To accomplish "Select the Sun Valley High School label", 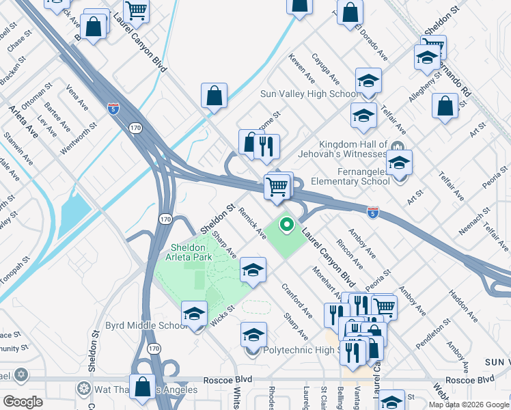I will click(309, 94).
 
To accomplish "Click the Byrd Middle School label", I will click(146, 326).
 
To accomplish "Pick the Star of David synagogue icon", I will click(22, 376).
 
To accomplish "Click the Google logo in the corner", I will click(23, 401).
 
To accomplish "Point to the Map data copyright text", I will click(469, 405).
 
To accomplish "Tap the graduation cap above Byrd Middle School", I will click(195, 314).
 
